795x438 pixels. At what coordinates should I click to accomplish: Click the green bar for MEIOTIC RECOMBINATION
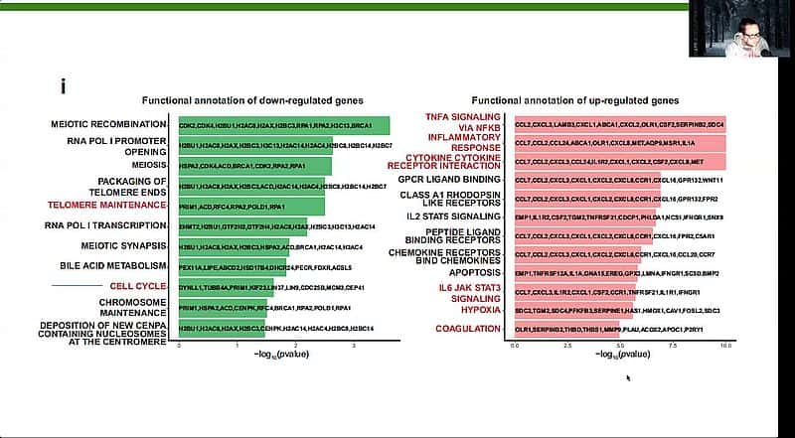click(283, 125)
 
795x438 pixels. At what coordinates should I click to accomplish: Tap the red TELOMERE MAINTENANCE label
click(106, 205)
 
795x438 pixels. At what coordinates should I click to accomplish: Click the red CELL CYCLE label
click(136, 286)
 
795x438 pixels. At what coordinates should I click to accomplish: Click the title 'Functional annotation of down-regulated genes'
click(252, 100)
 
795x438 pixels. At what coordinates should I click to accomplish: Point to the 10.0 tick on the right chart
click(726, 344)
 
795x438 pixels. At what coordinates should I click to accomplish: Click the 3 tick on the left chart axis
click(355, 344)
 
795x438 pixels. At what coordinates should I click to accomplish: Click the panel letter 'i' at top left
click(63, 86)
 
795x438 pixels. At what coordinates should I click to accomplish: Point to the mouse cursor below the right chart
click(628, 376)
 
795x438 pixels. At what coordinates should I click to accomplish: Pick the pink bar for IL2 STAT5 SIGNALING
click(585, 216)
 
